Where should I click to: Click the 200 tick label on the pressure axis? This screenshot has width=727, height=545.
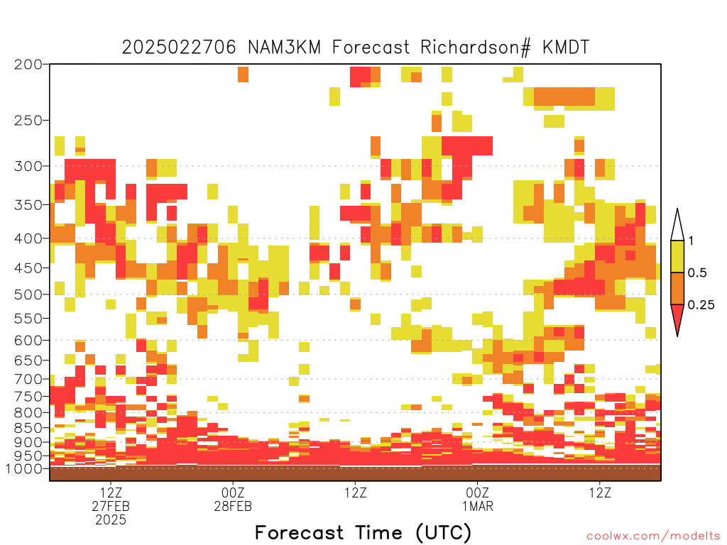(28, 65)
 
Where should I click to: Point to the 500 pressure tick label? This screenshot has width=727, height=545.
(28, 294)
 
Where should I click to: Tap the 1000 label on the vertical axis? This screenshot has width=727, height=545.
(24, 469)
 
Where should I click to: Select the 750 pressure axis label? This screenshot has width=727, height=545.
(28, 397)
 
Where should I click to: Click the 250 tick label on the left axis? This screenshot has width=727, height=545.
(28, 121)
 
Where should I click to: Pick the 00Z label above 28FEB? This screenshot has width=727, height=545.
(233, 492)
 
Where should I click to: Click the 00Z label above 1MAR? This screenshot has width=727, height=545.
(478, 492)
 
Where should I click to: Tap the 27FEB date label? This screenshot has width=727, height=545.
(111, 506)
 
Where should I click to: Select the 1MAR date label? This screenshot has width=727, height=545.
(478, 506)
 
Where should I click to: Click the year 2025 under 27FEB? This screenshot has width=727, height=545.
(111, 520)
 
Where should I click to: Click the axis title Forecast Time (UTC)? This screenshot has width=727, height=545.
(363, 533)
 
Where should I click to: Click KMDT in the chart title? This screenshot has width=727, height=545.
(566, 48)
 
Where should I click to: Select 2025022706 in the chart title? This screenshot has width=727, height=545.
(179, 48)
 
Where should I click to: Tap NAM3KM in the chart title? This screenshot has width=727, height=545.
(285, 48)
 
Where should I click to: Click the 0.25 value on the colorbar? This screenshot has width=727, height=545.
(701, 305)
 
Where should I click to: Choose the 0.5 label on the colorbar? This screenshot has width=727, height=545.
(697, 273)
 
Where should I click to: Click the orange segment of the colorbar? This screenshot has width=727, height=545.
(677, 288)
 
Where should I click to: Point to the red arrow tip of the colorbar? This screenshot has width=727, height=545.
(677, 336)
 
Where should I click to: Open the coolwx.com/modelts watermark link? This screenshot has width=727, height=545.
(654, 536)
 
